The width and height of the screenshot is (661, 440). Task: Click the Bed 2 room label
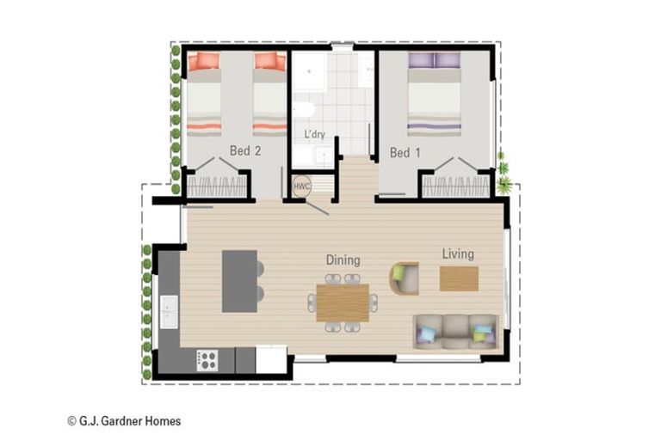tap(245, 150)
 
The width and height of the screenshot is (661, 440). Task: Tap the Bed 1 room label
tap(405, 152)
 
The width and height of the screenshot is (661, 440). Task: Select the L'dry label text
tap(315, 134)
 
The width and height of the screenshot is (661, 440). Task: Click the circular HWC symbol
tap(301, 186)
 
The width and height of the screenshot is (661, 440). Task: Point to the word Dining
tap(343, 260)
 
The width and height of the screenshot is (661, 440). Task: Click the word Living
tap(458, 254)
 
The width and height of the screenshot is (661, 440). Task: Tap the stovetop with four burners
tap(207, 361)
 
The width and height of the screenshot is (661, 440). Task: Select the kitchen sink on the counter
tap(169, 312)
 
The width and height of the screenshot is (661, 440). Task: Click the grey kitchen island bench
tap(239, 281)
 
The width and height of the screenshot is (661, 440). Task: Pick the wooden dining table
tap(343, 302)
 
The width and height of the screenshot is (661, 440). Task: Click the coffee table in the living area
tap(459, 278)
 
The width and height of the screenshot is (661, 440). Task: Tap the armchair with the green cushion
tap(404, 278)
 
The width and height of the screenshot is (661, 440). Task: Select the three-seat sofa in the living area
tap(455, 332)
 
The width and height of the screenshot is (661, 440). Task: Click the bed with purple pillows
tap(434, 94)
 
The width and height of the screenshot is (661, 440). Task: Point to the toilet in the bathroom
tap(305, 110)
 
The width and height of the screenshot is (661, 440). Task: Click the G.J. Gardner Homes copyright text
tap(124, 421)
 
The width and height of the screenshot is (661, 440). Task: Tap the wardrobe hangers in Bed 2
tap(216, 186)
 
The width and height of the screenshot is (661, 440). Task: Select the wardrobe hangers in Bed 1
tap(455, 186)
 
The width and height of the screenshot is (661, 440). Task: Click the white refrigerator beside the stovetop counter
tap(271, 359)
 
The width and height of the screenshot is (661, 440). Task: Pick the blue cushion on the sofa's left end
tap(426, 334)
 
